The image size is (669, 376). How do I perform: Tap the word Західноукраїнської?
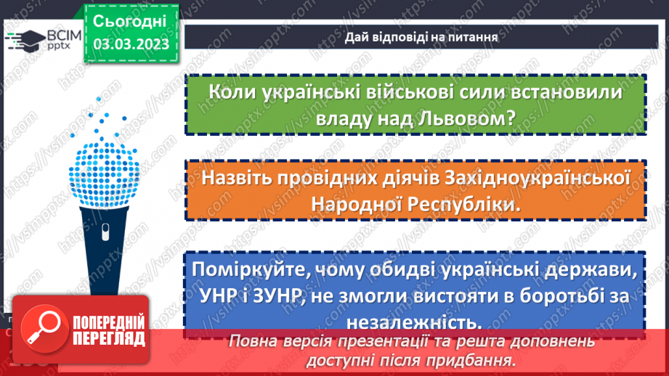coord(528,178)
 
